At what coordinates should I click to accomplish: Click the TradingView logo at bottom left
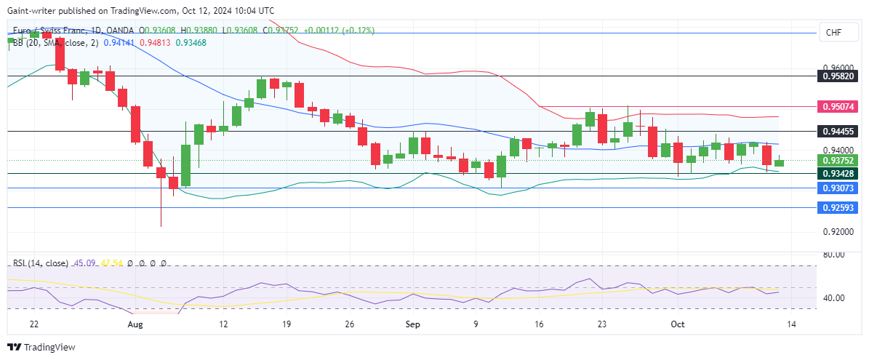tap(41, 348)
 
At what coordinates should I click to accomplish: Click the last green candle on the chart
tap(780, 162)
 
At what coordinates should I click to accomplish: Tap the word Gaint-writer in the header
tap(33, 11)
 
